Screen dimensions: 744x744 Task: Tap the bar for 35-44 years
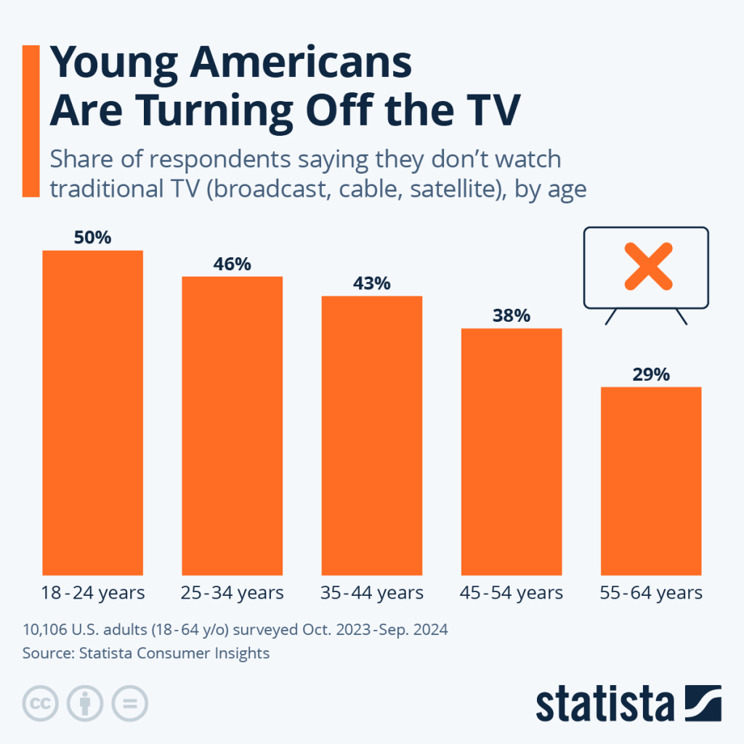(x=371, y=434)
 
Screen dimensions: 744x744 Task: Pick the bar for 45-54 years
(x=511, y=451)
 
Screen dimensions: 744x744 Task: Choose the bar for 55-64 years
(x=651, y=480)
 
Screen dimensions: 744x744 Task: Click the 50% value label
(x=92, y=238)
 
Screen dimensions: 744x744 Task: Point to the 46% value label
(x=232, y=264)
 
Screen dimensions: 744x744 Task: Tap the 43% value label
(x=371, y=283)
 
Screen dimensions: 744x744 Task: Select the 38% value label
(x=511, y=316)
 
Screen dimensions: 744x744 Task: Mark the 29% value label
(x=651, y=374)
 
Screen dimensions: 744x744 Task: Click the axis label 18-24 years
(x=93, y=593)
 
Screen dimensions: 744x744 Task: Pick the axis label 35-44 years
(x=371, y=593)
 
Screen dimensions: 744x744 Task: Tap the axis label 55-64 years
(x=651, y=593)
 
